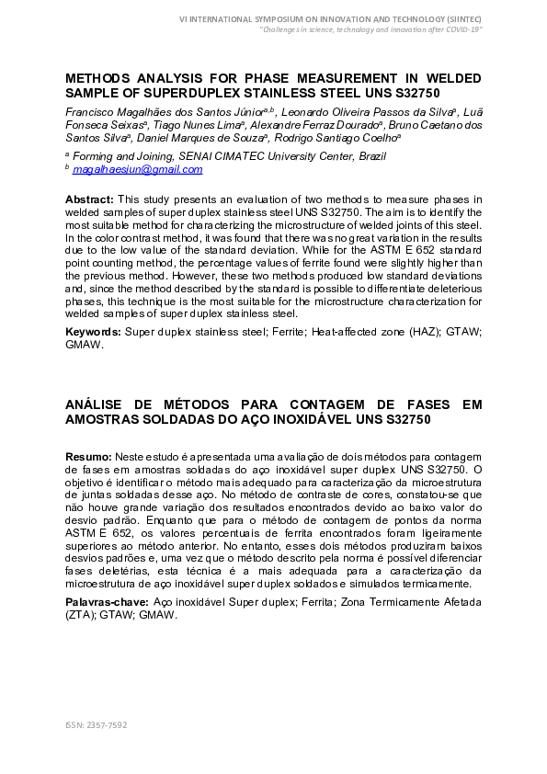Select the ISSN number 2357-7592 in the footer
coord(107,725)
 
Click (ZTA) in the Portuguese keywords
coord(81,614)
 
